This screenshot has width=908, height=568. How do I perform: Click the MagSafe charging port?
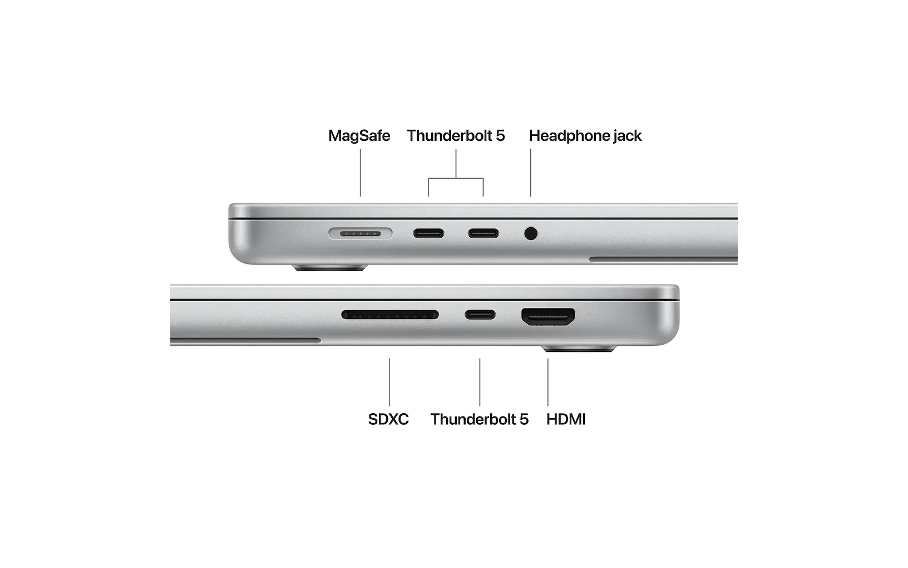coord(361,234)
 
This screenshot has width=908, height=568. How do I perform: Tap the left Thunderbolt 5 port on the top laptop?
coord(428,233)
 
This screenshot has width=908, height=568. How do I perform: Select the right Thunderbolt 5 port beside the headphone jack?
coord(483,233)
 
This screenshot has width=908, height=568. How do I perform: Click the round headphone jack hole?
coord(531,233)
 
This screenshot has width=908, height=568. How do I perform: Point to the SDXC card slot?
coord(390,315)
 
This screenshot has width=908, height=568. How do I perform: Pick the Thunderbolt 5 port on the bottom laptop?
coord(480,315)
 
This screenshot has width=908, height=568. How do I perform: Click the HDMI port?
coord(548,316)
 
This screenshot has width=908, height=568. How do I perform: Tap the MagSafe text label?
coord(359,135)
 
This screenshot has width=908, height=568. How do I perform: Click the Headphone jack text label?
coord(585,136)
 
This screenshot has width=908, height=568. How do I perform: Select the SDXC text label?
coord(388,419)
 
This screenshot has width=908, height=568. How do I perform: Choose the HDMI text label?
coord(566,419)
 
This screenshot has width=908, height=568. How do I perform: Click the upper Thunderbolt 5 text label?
coord(456,135)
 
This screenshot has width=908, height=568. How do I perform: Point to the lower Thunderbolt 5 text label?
coord(480,419)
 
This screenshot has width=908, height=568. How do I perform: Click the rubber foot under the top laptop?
coord(330,268)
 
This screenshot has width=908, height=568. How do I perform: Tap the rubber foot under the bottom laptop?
coord(579,349)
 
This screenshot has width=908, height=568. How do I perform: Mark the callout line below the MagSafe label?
coord(361,173)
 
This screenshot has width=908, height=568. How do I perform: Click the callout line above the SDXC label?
coord(389,382)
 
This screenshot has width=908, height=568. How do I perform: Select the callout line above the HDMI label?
coord(548,382)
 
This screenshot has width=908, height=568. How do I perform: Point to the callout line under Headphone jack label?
coord(531,173)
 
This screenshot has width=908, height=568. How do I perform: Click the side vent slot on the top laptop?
coord(663,259)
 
